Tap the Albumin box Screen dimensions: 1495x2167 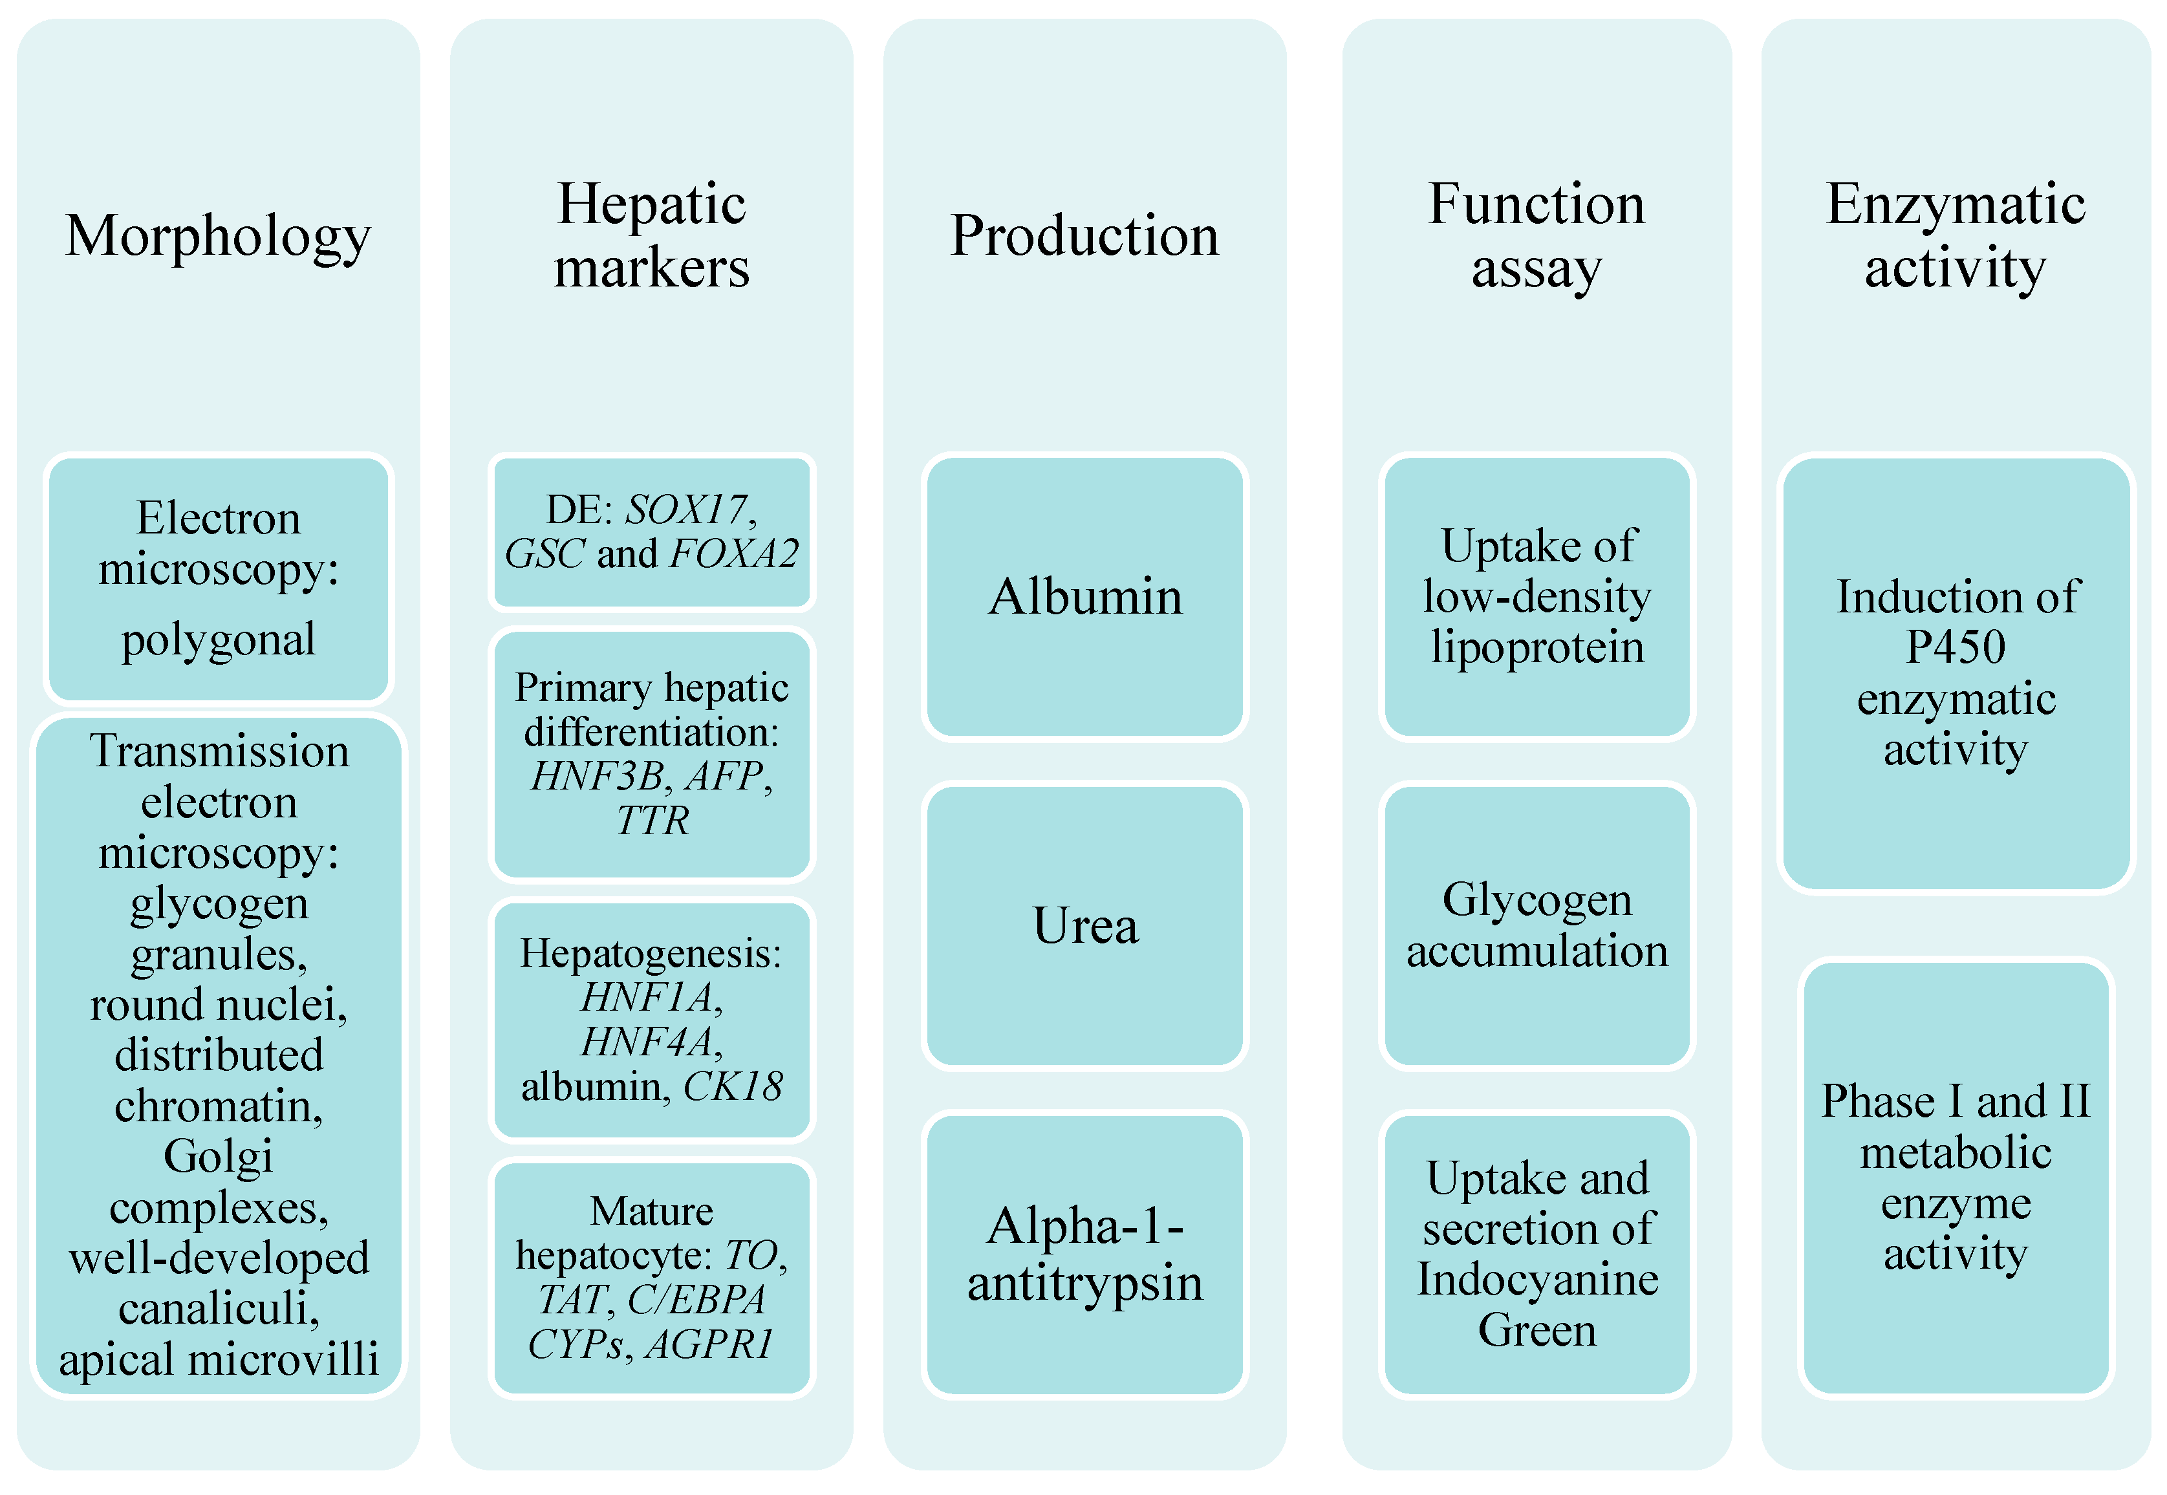[1085, 597]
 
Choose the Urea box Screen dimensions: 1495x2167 [1085, 925]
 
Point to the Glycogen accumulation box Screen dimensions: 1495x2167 [1536, 925]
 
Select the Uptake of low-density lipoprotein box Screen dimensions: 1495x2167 [1536, 597]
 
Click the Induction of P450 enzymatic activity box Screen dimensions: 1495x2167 [1956, 672]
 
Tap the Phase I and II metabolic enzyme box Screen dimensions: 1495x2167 [1956, 1178]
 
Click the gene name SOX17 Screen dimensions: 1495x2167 [687, 510]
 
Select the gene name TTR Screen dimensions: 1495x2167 [652, 821]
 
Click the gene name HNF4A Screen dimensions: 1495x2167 [649, 1042]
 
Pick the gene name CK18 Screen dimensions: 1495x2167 [733, 1086]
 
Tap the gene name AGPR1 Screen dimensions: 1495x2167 [709, 1345]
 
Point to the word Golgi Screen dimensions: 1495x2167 [219, 1157]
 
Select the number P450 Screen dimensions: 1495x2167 [1956, 647]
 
